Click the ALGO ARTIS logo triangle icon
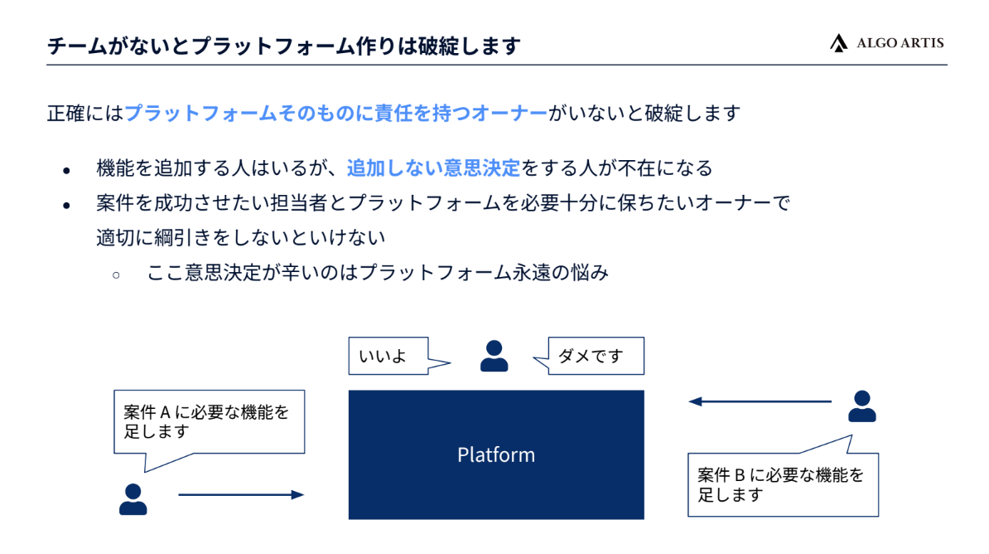pyautogui.click(x=838, y=43)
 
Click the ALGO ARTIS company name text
pyautogui.click(x=900, y=43)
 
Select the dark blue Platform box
pyautogui.click(x=496, y=454)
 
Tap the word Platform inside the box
pyautogui.click(x=496, y=454)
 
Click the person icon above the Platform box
pyautogui.click(x=494, y=356)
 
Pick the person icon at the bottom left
pyautogui.click(x=133, y=499)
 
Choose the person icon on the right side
pyautogui.click(x=861, y=406)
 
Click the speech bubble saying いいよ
pyautogui.click(x=388, y=356)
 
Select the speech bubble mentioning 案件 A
pyautogui.click(x=210, y=422)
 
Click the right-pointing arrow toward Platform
pyautogui.click(x=242, y=494)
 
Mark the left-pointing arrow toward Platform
pyautogui.click(x=760, y=401)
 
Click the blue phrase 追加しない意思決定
pyautogui.click(x=433, y=168)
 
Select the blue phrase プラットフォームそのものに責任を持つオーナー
pyautogui.click(x=336, y=113)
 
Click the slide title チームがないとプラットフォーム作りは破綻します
pyautogui.click(x=284, y=46)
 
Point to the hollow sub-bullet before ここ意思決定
pyautogui.click(x=116, y=275)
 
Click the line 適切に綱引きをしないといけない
pyautogui.click(x=241, y=237)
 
